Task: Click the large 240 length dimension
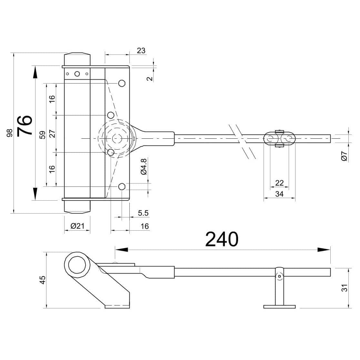(222, 239)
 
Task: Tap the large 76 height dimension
(25, 125)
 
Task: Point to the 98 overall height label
(10, 133)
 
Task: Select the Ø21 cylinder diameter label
(77, 226)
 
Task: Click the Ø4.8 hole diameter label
(144, 167)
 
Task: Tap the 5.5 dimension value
(143, 213)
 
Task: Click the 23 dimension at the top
(141, 51)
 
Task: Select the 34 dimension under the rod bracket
(279, 194)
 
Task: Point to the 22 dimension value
(279, 183)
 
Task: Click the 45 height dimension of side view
(43, 280)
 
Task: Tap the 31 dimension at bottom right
(345, 288)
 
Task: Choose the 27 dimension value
(52, 134)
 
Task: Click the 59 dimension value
(43, 135)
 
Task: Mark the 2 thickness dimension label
(149, 79)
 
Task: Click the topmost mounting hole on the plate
(122, 83)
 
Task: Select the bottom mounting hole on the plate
(122, 187)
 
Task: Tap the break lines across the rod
(242, 141)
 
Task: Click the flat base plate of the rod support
(279, 307)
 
